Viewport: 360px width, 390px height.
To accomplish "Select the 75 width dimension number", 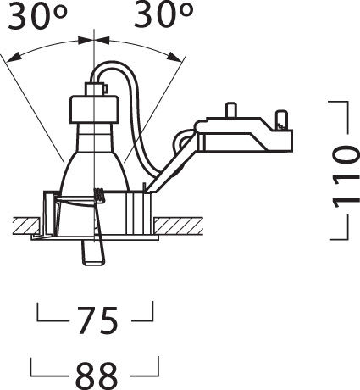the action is point(97,320).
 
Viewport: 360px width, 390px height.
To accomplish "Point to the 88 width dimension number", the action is point(97,376).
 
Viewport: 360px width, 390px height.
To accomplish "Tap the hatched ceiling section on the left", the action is point(28,226).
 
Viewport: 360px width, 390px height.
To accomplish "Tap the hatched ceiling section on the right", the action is point(178,226).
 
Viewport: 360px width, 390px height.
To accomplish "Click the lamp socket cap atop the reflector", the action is point(94,109).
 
